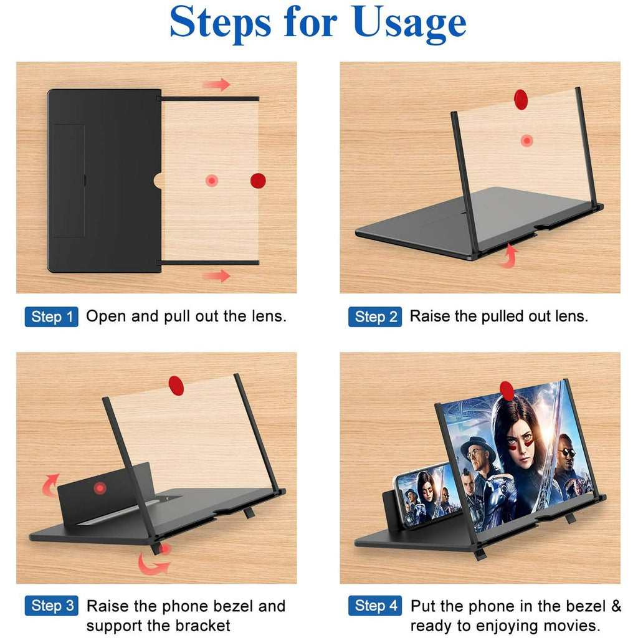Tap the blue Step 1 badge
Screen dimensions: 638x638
(x=52, y=317)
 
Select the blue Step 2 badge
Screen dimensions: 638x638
(x=375, y=317)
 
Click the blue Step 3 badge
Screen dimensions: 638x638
(x=52, y=606)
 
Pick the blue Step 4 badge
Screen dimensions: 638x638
(x=375, y=606)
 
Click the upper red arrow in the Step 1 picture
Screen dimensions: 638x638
(x=217, y=85)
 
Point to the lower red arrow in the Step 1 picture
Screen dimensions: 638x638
(x=217, y=275)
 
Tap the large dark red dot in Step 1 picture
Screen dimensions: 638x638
(x=258, y=181)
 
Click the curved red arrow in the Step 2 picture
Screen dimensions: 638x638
(x=509, y=255)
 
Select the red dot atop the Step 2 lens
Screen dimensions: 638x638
(x=521, y=99)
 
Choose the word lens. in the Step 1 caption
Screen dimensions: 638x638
(x=267, y=317)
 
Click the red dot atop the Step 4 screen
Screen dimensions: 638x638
(x=507, y=391)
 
